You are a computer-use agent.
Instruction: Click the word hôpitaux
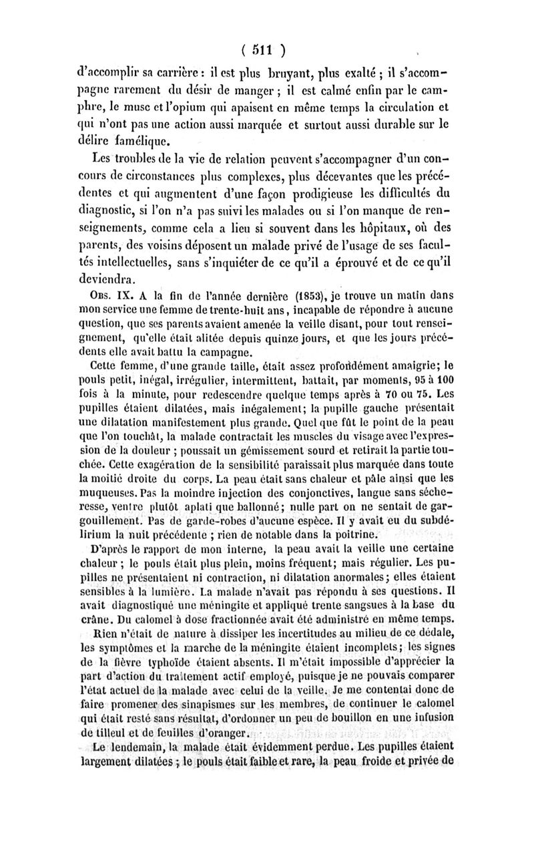coord(377,229)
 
